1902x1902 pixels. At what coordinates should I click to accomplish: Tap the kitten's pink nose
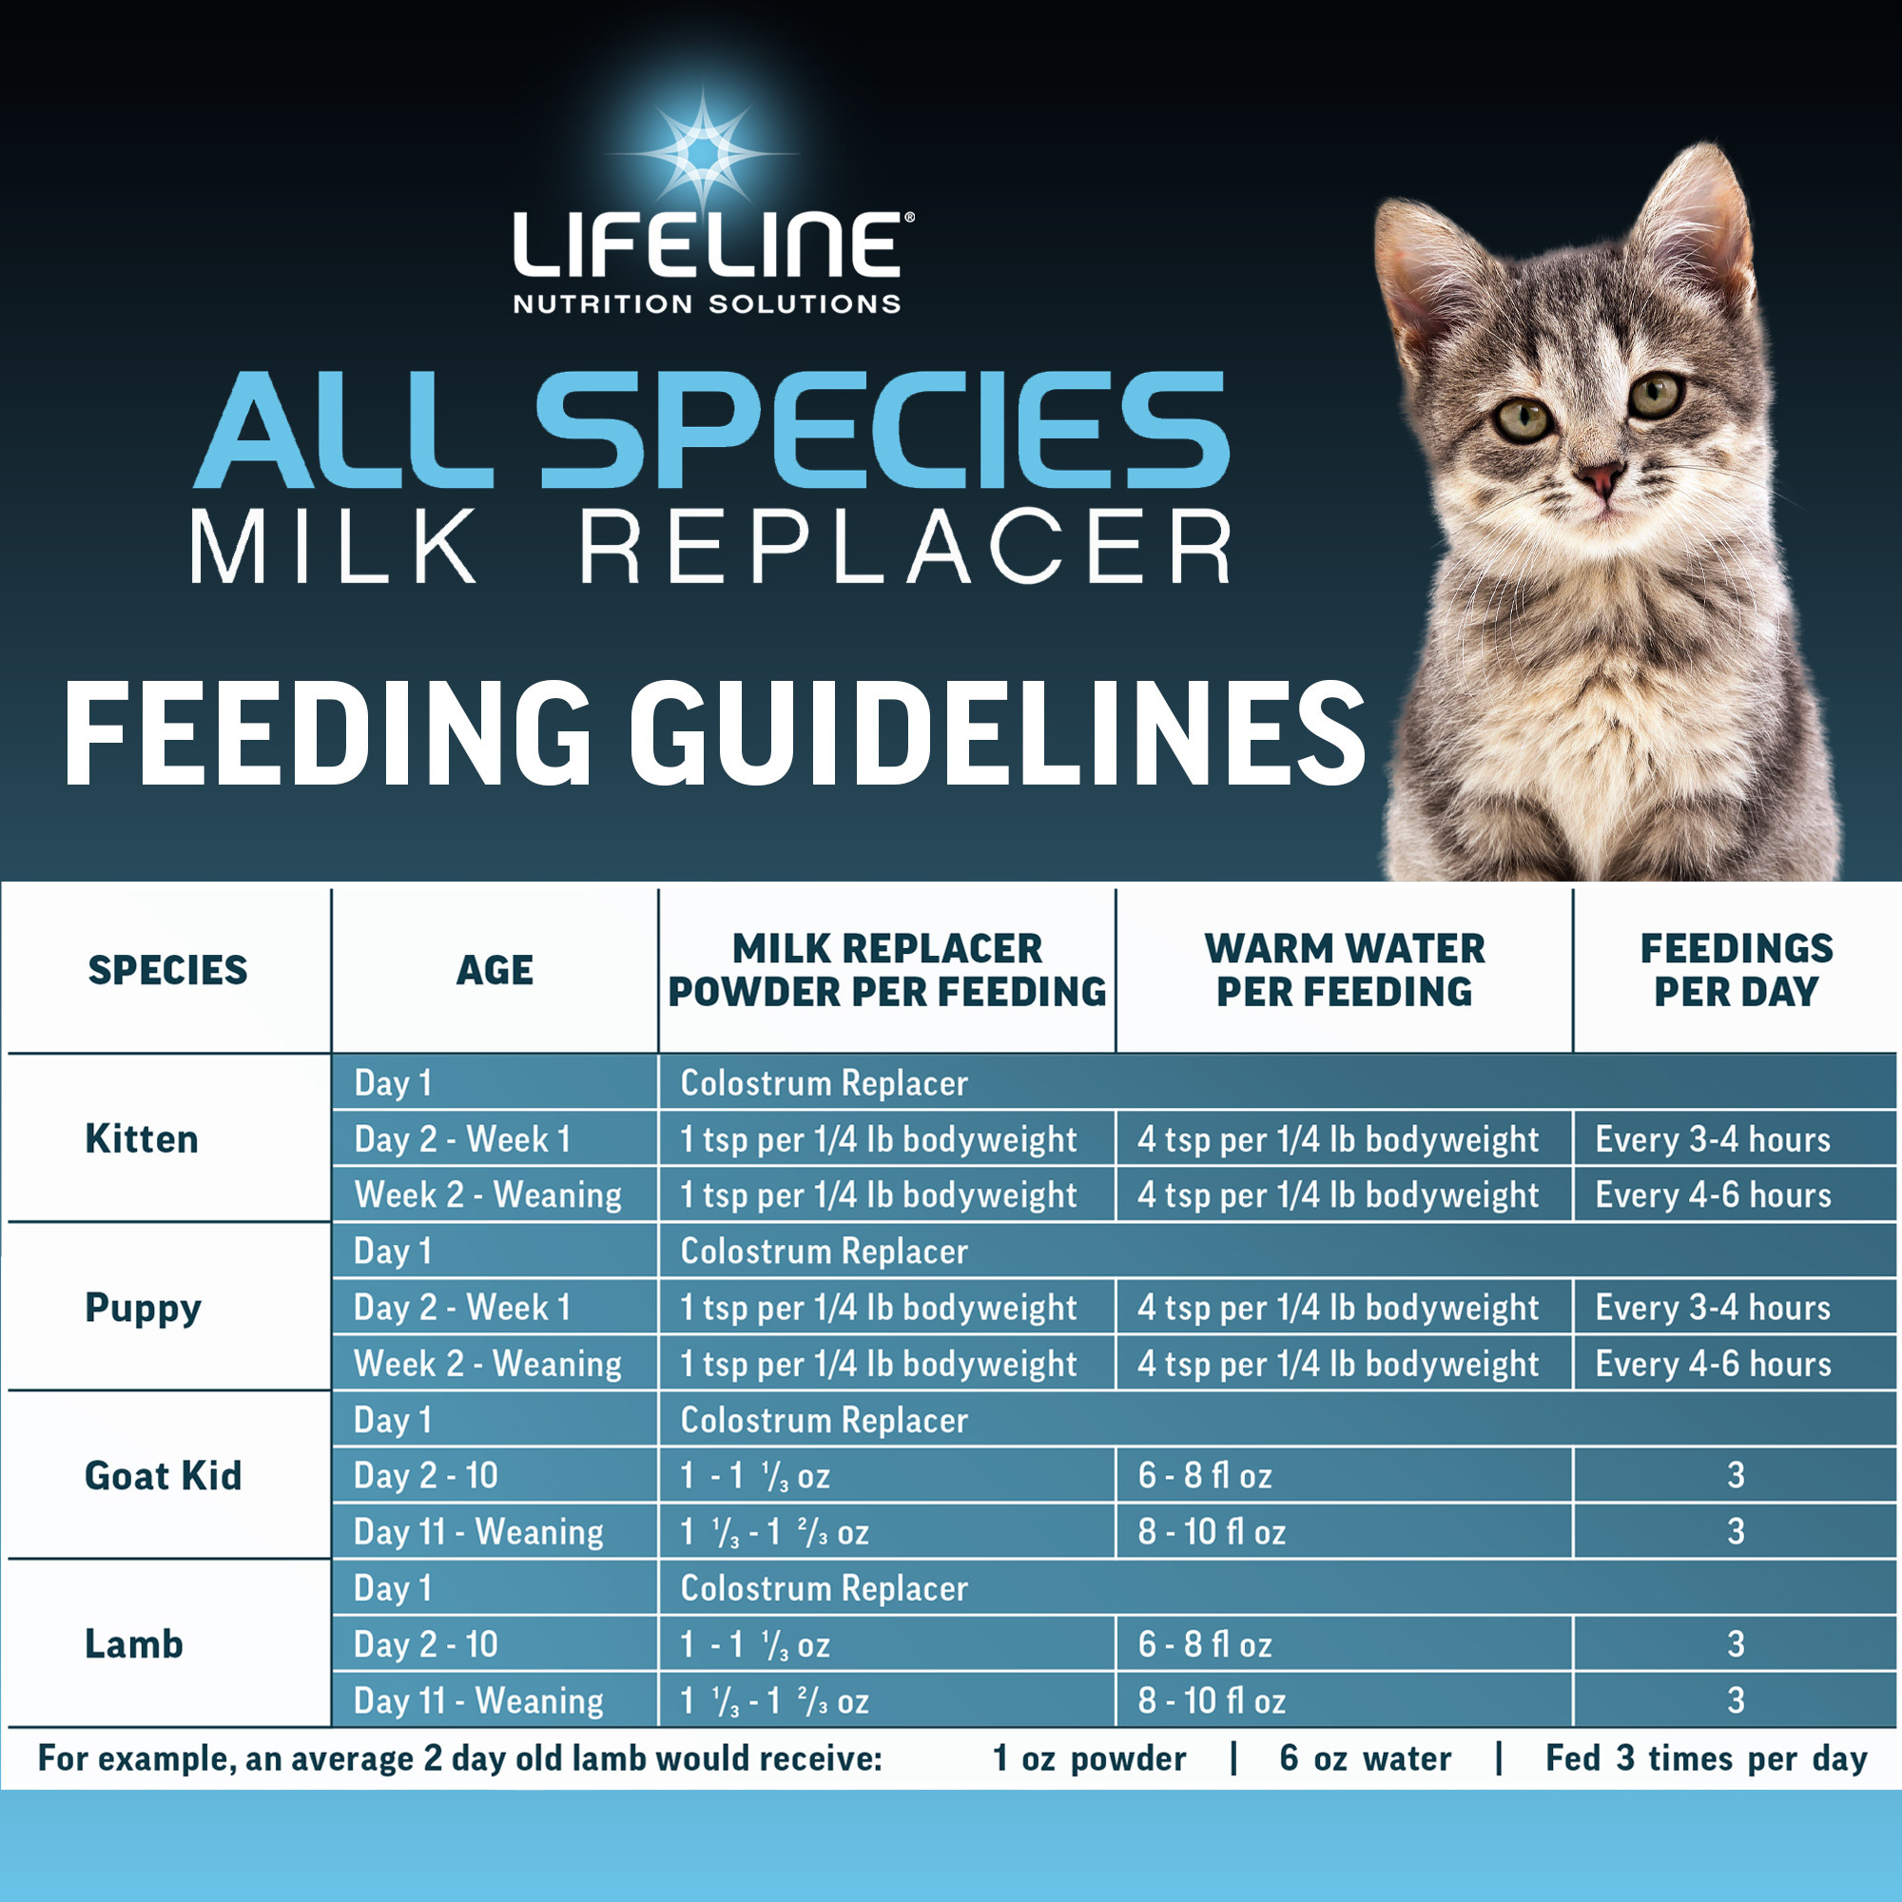tap(1599, 478)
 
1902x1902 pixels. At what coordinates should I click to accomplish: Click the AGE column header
tap(495, 971)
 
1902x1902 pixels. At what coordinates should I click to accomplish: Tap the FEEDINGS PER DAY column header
tap(1736, 970)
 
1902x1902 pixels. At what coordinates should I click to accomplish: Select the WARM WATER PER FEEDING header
tap(1344, 970)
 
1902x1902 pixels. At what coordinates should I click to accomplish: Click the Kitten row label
tap(142, 1139)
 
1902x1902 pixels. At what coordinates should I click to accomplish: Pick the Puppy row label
tap(143, 1308)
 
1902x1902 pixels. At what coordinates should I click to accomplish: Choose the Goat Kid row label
tap(163, 1476)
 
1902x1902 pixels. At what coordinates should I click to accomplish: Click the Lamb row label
tap(134, 1644)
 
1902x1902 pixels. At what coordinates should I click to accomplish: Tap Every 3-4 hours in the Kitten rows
tap(1713, 1139)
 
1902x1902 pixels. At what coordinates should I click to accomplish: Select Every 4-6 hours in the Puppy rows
tap(1713, 1364)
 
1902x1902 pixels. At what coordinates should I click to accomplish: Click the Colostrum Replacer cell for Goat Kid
tap(824, 1420)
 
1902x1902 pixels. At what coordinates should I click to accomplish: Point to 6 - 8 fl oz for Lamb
tap(1205, 1644)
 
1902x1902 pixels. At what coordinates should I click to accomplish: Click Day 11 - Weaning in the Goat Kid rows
tap(478, 1532)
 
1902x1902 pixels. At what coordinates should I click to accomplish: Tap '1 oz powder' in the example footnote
tap(1089, 1758)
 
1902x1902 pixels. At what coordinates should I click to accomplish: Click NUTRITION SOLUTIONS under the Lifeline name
tap(707, 304)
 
